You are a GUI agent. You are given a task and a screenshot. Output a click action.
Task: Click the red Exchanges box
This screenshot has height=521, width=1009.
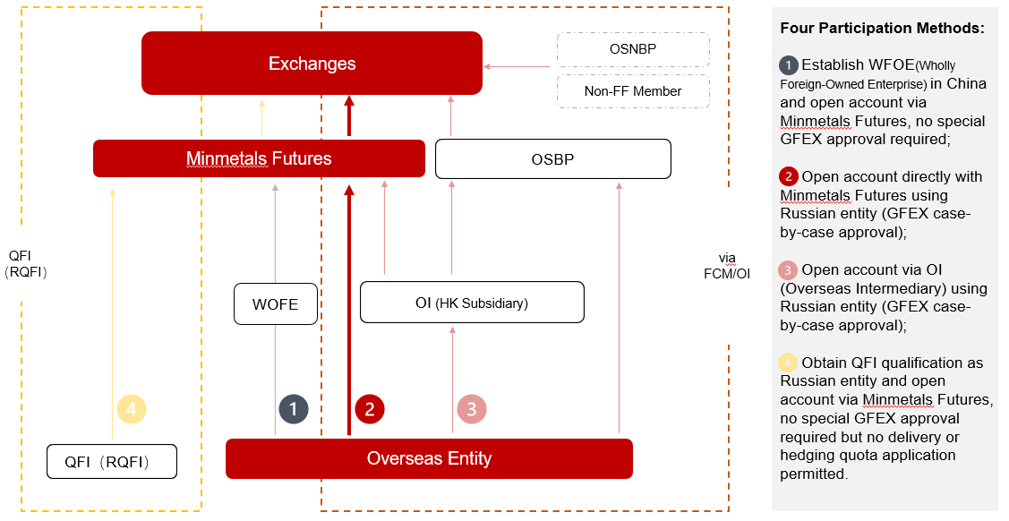click(x=312, y=63)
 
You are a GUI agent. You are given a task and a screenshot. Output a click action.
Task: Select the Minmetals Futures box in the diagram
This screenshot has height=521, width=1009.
click(x=259, y=158)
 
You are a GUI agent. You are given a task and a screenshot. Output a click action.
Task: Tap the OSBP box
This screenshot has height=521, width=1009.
click(x=553, y=158)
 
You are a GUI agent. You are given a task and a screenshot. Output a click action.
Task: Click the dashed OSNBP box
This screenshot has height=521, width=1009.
click(x=633, y=49)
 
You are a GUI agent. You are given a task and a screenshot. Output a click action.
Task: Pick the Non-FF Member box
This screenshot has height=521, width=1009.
click(x=633, y=91)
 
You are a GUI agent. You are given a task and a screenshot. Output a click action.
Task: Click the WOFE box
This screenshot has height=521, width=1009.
click(x=276, y=303)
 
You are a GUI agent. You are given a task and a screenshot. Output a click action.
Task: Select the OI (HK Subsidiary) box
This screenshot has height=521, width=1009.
click(x=473, y=303)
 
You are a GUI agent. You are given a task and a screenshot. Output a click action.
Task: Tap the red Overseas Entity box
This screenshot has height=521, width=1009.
click(x=429, y=458)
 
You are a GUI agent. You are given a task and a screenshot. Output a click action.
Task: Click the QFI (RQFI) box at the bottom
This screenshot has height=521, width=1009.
click(x=112, y=462)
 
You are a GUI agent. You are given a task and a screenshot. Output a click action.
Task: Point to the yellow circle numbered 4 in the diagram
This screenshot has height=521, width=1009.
click(x=132, y=409)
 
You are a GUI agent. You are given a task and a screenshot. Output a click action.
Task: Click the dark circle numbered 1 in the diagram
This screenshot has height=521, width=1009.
click(x=294, y=409)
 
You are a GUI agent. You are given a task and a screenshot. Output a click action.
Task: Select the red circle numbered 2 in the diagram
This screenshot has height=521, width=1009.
click(x=370, y=409)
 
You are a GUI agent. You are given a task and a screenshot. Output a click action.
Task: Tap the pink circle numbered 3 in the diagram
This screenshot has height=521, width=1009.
click(x=472, y=409)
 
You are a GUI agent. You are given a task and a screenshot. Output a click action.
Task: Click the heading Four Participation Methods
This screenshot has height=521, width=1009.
click(x=882, y=28)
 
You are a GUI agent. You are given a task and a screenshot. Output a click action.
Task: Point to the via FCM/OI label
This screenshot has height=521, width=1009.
click(x=727, y=266)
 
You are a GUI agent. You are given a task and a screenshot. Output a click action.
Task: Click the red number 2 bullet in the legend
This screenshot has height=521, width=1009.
click(x=788, y=176)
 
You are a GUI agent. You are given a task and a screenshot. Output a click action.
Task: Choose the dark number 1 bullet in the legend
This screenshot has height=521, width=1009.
click(x=788, y=65)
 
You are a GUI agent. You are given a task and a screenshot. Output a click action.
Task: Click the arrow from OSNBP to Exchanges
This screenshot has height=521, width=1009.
click(x=517, y=66)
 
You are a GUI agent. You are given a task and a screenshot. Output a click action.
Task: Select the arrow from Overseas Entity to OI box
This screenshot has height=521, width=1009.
click(x=452, y=380)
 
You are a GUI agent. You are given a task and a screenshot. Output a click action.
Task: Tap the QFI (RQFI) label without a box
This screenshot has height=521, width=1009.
click(x=26, y=264)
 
